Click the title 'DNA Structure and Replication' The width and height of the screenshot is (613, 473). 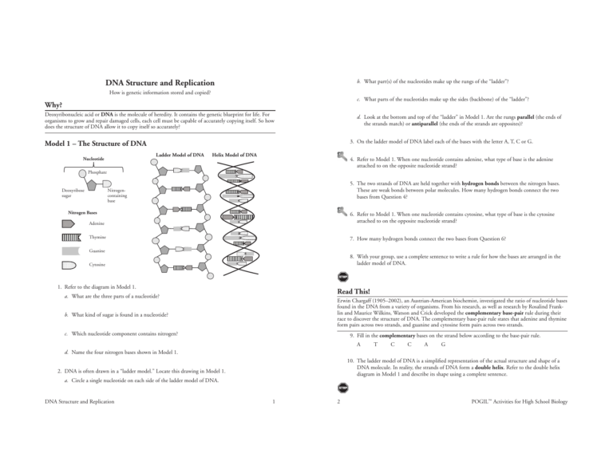[160, 82]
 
